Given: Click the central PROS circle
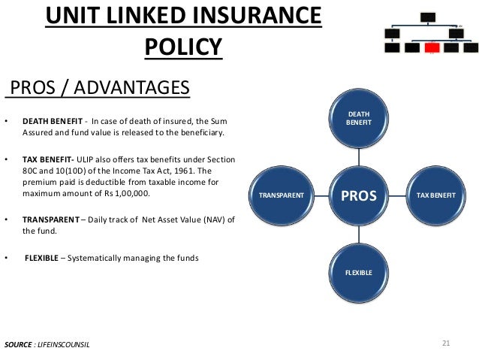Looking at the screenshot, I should click(358, 195).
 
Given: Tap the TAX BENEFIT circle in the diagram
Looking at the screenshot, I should click(432, 195).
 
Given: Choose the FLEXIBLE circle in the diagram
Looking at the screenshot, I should click(358, 272).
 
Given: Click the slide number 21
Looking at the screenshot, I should click(446, 343).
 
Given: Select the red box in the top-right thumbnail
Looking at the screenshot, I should click(431, 48).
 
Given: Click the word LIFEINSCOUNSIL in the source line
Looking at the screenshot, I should click(70, 344).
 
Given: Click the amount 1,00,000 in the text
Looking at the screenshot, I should click(131, 194).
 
